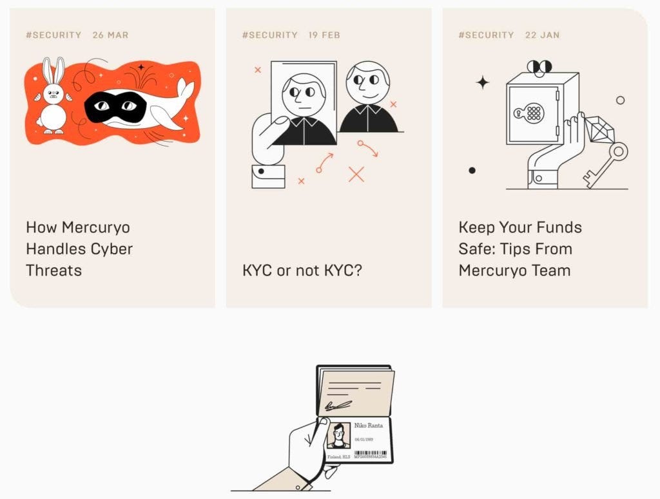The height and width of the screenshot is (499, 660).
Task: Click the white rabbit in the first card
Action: coord(52,100)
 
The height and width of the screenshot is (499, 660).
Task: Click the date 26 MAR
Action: coord(110,35)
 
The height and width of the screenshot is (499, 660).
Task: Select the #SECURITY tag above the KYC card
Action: coord(269,35)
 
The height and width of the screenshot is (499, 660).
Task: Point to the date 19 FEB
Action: coord(324,35)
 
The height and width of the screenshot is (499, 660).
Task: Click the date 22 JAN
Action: coord(542,35)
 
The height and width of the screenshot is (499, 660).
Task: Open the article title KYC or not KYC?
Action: coord(302,270)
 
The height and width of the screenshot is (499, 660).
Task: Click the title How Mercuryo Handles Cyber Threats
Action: coord(79,249)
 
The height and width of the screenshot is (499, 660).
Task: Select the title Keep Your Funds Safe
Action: coord(520,249)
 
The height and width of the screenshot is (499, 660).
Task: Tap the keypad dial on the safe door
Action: coord(533,113)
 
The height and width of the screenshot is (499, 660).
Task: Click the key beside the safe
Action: coord(607,165)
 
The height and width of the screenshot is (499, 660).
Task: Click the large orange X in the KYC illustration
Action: coord(356,174)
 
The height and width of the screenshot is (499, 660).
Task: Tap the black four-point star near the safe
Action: coord(482,82)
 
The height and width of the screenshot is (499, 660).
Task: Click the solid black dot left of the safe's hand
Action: coord(472,170)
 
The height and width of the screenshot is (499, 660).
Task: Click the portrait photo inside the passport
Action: coord(338,436)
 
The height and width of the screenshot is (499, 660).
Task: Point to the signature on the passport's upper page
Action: coord(338,405)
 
